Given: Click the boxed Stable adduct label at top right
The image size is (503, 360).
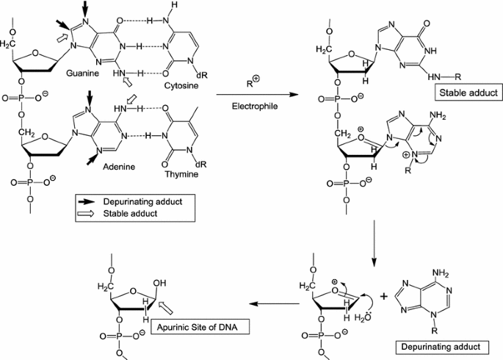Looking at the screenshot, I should click(x=467, y=93).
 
